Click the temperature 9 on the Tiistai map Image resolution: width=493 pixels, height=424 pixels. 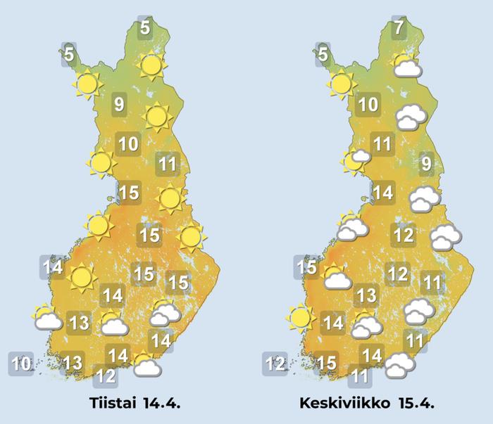118,106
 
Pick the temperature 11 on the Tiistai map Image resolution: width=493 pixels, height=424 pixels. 167,165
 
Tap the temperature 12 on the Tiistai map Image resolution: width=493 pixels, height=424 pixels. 106,375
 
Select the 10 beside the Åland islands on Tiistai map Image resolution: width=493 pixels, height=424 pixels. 22,364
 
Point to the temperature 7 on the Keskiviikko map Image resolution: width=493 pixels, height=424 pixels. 399,30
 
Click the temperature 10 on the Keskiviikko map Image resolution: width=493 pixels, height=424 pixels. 368,106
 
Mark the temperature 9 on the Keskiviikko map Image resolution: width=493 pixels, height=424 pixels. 426,165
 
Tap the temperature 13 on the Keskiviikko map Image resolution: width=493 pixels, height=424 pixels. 366,295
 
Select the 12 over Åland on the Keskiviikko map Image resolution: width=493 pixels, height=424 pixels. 275,364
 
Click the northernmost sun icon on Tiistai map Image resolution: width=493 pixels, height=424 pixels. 150,66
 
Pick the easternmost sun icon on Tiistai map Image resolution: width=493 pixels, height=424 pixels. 190,236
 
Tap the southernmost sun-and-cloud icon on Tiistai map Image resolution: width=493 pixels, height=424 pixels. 146,365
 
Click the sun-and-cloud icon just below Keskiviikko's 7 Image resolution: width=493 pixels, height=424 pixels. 406,66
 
